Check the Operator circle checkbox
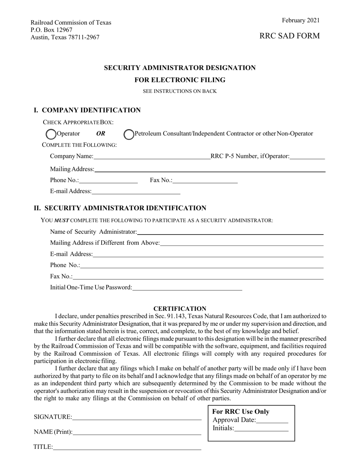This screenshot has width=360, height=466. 51,134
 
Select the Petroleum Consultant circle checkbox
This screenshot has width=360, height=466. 129,134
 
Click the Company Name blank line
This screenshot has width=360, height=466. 152,156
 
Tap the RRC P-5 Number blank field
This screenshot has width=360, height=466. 307,156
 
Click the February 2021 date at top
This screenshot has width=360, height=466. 301,20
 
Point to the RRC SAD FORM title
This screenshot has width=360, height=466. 290,36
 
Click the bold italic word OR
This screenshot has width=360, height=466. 101,134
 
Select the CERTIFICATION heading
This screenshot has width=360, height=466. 180,309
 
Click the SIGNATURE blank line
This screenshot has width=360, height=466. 136,417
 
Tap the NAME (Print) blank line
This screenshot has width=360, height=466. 137,432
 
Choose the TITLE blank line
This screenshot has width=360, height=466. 127,447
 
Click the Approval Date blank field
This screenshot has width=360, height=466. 272,420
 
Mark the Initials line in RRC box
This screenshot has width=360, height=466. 261,428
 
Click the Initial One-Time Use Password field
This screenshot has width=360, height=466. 187,288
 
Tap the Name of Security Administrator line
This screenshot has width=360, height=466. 230,231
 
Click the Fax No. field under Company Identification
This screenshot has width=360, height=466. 205,180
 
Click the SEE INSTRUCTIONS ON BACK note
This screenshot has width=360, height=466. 180,91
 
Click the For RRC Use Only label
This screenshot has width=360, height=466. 241,412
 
